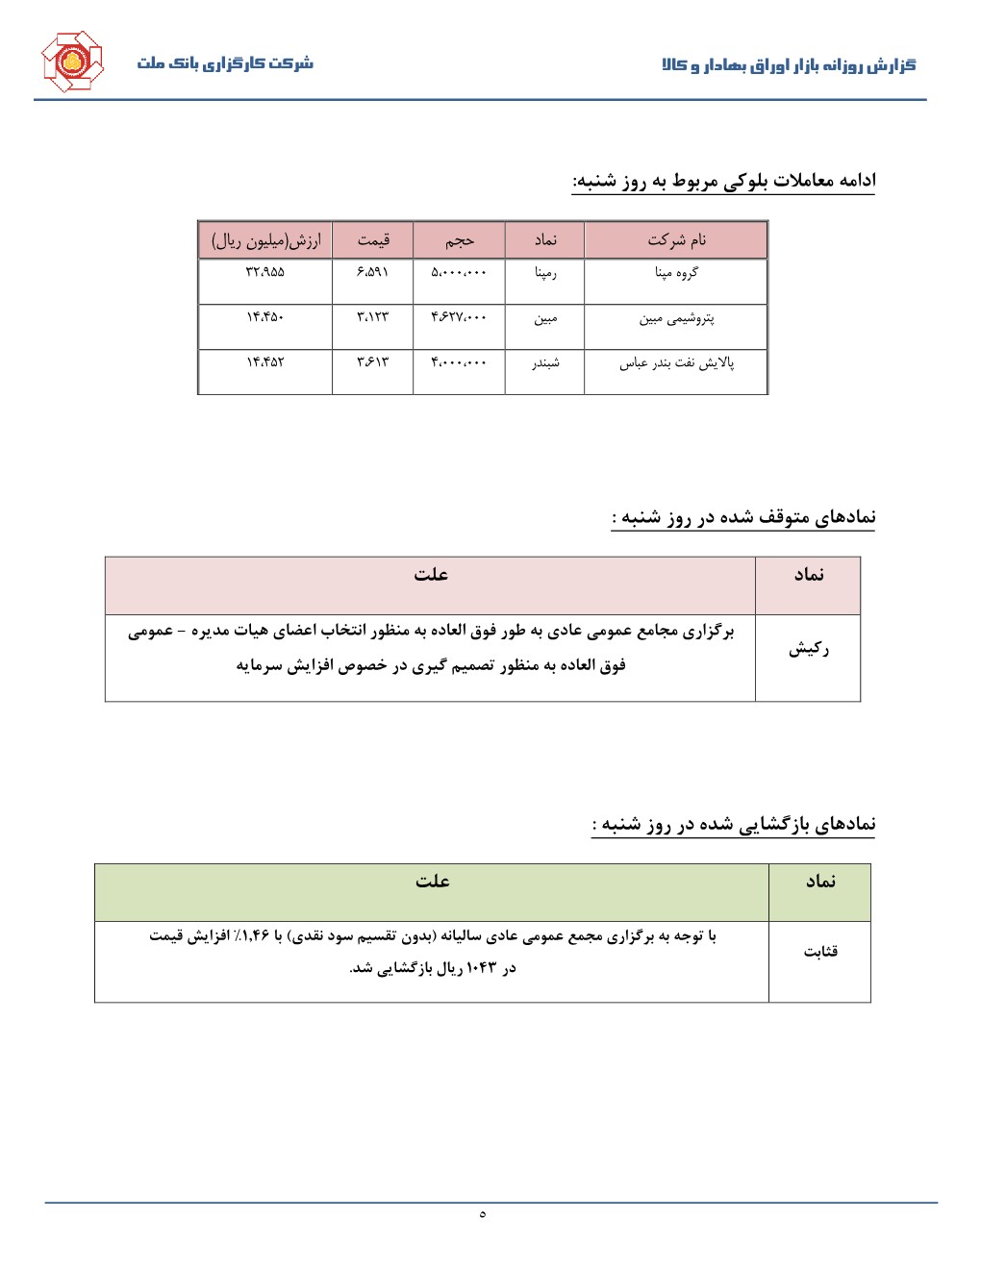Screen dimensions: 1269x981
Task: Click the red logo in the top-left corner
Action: coord(71,62)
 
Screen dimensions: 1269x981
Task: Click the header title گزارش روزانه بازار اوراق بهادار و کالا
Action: coord(789,65)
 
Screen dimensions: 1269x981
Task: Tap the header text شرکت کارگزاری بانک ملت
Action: coord(225,63)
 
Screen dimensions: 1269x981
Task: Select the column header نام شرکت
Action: coord(676,240)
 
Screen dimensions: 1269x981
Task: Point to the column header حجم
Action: coord(459,240)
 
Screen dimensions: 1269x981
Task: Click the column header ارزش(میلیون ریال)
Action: coord(265,240)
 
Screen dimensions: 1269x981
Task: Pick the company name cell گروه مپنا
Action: coord(676,273)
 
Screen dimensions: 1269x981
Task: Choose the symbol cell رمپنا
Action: coord(545,273)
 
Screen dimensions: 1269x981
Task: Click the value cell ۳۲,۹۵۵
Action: coord(265,272)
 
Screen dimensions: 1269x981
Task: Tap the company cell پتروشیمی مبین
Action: coord(676,318)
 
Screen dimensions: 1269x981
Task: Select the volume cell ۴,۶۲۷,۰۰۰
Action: coord(459,318)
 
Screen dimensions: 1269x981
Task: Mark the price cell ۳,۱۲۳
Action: coord(372,318)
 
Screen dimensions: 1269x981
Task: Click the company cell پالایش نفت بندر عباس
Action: coord(676,363)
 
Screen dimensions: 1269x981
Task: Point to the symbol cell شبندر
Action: coord(545,363)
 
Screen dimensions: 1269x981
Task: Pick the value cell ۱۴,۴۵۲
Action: coord(265,362)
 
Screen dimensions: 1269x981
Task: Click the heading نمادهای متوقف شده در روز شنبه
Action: coord(743,518)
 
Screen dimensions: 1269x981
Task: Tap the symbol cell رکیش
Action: coord(808,650)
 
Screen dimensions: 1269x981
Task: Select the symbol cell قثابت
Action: coord(820,952)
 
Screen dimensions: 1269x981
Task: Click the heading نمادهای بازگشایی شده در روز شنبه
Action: coord(734,825)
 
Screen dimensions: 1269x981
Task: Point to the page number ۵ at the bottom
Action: coord(482,1214)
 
